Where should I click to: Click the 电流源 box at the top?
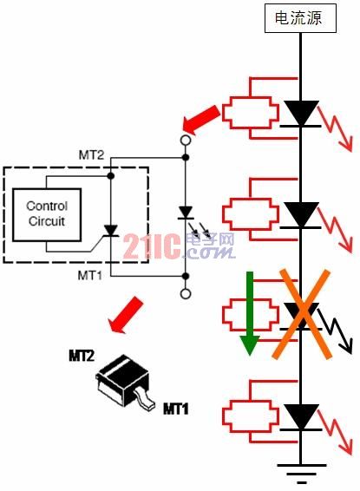coord(300,18)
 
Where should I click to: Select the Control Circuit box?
coord(47,215)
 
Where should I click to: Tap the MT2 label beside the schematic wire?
coord(91,155)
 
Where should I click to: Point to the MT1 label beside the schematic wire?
coord(90,276)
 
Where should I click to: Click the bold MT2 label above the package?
coord(82,356)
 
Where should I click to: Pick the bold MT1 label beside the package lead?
coord(176,409)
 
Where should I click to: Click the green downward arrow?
coord(250,313)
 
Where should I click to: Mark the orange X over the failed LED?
coord(302,314)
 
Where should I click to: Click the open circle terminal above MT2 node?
coord(186,140)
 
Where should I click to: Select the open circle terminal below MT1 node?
coord(186,294)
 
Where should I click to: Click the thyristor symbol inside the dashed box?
coord(110,231)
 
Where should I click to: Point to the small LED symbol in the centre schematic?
coord(186,213)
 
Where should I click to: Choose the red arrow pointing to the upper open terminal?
coord(201,120)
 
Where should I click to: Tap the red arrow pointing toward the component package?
coord(126,314)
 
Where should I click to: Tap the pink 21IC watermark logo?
coord(152,246)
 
